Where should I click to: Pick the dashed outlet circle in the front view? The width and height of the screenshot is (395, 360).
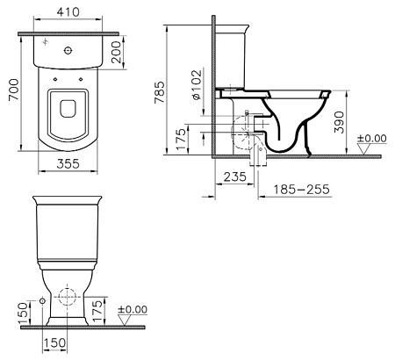pyautogui.click(x=67, y=295)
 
